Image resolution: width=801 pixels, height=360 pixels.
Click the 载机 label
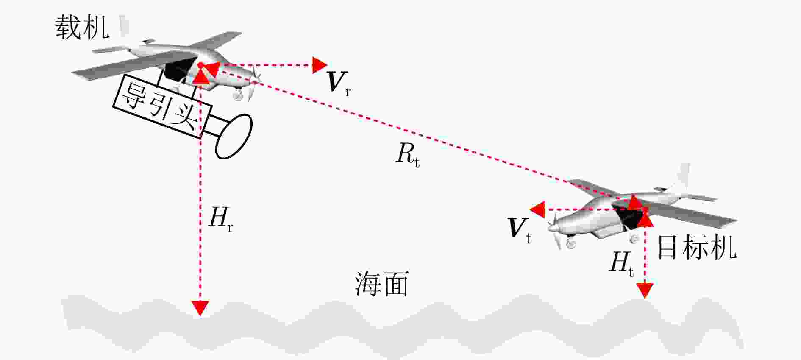pyautogui.click(x=82, y=28)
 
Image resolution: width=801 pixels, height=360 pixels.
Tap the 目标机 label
pyautogui.click(x=697, y=248)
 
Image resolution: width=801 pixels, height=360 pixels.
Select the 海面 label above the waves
pyautogui.click(x=381, y=284)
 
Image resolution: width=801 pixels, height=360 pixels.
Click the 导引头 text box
pyautogui.click(x=162, y=106)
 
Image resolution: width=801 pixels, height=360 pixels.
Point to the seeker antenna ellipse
pyautogui.click(x=234, y=137)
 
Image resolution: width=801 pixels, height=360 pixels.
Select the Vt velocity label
pyautogui.click(x=520, y=230)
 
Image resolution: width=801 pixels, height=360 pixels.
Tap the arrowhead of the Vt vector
pyautogui.click(x=537, y=210)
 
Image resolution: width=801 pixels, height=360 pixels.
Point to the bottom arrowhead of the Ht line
pyautogui.click(x=645, y=290)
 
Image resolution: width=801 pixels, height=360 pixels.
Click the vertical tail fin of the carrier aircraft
pyautogui.click(x=123, y=26)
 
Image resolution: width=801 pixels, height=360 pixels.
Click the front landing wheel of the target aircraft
pyautogui.click(x=571, y=243)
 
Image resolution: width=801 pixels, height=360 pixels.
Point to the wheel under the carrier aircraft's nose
pyautogui.click(x=237, y=96)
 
